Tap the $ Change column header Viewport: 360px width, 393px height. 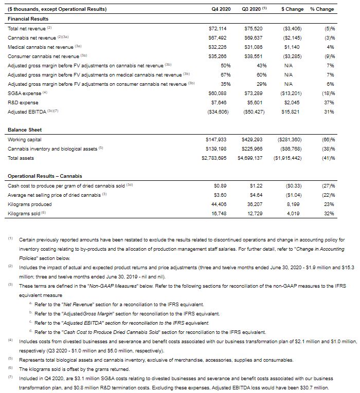pos(292,9)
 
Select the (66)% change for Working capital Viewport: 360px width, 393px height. pos(329,139)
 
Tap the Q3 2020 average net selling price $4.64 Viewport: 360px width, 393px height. pos(255,195)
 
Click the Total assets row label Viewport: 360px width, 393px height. pos(21,158)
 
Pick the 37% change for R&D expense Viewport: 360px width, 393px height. pos(330,102)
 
